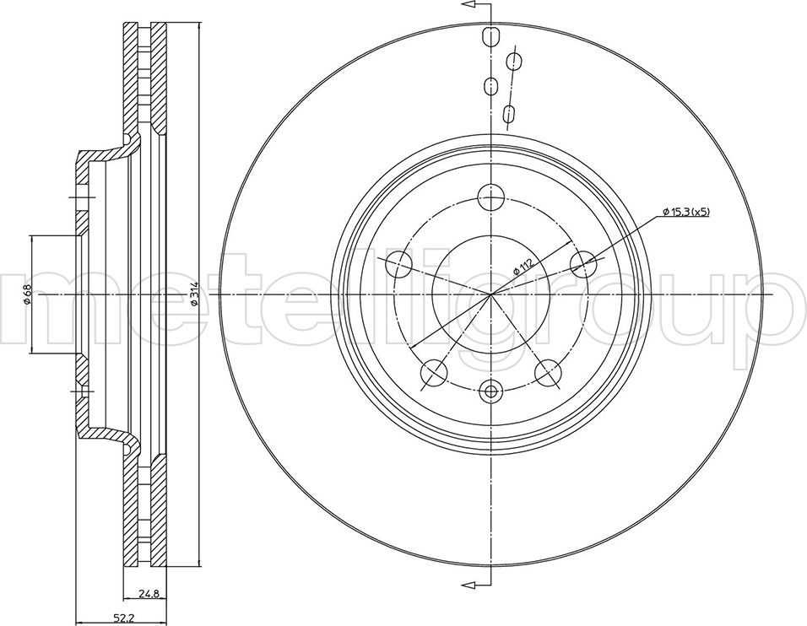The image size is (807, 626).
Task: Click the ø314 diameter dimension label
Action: point(194,294)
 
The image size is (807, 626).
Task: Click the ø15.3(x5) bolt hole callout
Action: point(686,212)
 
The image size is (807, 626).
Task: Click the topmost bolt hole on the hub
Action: point(491,197)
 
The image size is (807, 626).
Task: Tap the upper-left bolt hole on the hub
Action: point(399,264)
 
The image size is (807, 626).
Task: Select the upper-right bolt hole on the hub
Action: point(583,264)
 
